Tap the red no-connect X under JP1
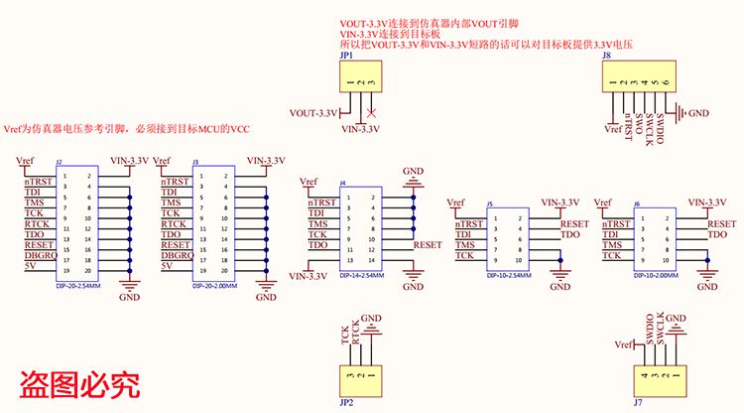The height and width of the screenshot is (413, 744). [x=371, y=111]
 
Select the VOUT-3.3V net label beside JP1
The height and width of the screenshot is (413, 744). [x=313, y=111]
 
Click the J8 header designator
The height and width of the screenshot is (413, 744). [x=606, y=59]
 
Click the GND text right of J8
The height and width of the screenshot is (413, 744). [x=698, y=113]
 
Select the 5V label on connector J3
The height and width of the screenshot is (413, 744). [x=168, y=266]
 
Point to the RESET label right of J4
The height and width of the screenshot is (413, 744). [x=428, y=244]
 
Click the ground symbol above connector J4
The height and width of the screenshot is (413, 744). [x=413, y=181]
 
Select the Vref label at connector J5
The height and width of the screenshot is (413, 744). [x=455, y=203]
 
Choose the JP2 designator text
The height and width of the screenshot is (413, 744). [x=346, y=403]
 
